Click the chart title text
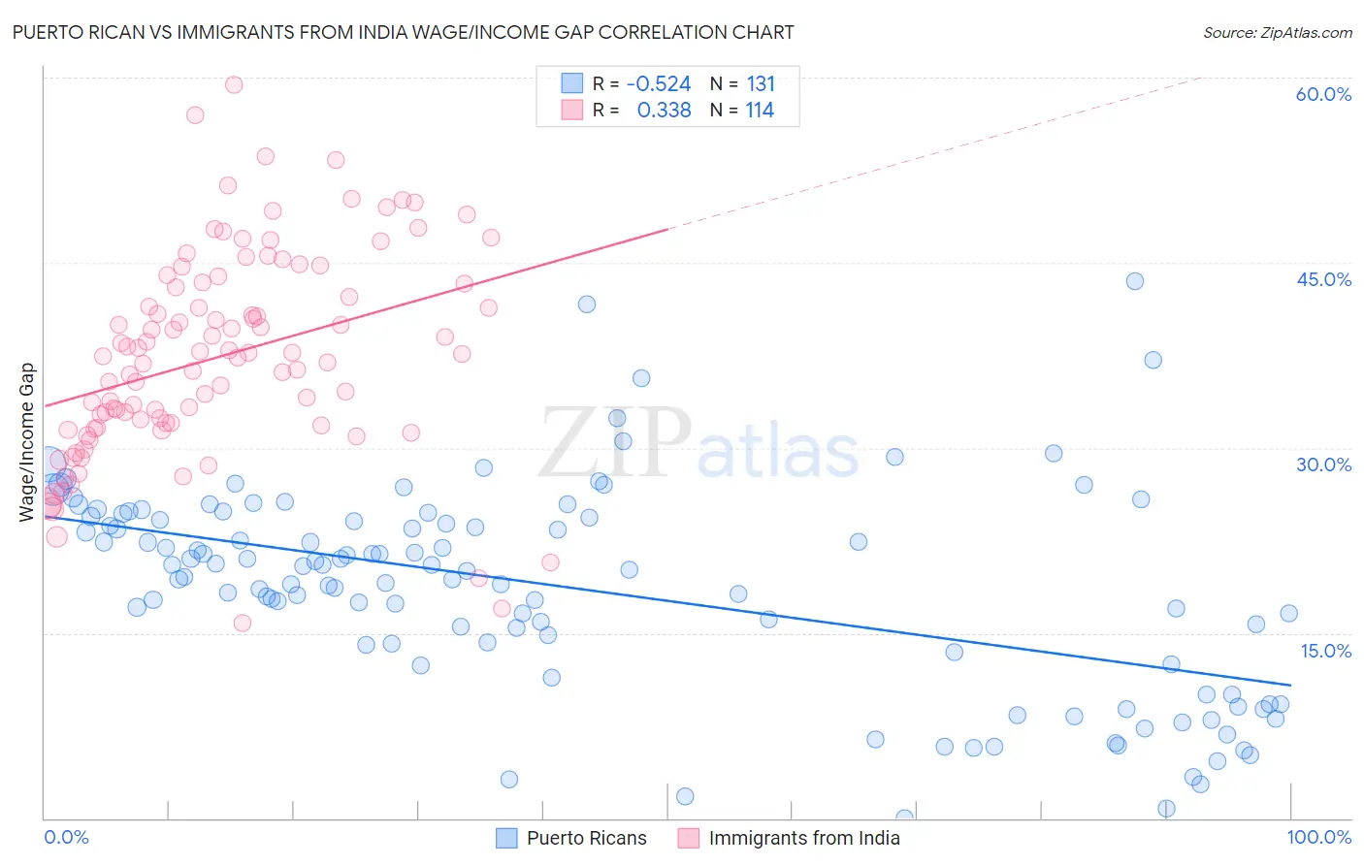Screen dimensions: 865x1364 click(403, 32)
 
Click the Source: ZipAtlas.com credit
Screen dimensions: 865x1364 click(1277, 32)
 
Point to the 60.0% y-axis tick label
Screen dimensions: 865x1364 click(1323, 94)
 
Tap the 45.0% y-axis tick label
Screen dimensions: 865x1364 click(1323, 279)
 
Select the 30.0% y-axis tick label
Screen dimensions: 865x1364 click(1323, 465)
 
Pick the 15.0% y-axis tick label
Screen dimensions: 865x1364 click(1324, 651)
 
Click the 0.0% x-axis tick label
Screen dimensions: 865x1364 click(66, 837)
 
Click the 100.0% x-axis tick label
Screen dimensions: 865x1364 click(1318, 837)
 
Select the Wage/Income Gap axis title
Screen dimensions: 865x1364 click(27, 442)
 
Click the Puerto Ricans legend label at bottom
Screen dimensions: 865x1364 click(586, 838)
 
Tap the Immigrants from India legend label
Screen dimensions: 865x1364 click(803, 838)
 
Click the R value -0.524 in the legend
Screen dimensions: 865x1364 click(659, 84)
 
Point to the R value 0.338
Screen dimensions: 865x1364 click(664, 111)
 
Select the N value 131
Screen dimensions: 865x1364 click(761, 84)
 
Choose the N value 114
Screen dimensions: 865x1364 click(760, 111)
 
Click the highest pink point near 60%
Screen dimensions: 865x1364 click(234, 84)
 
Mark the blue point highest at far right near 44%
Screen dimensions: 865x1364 click(1134, 281)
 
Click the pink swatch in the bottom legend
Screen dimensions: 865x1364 click(688, 838)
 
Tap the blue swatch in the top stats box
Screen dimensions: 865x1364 click(572, 83)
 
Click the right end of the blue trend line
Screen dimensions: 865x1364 click(1290, 685)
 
